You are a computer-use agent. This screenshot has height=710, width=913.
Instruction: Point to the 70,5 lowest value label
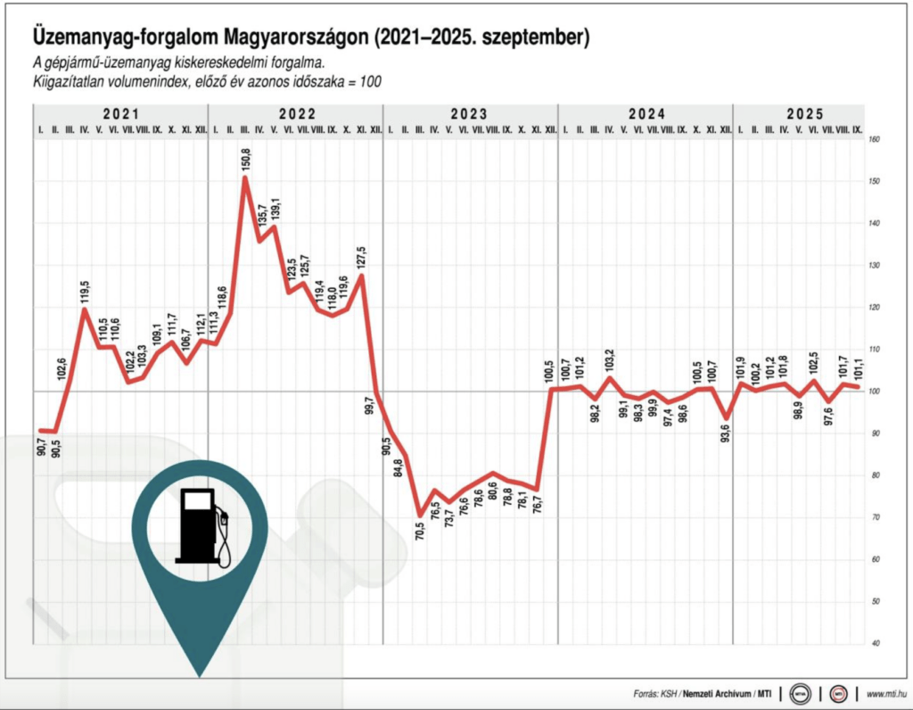[x=419, y=532]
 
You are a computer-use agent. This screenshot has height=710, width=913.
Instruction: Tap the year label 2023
[x=469, y=114]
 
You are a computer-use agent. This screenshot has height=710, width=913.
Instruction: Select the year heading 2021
[x=120, y=114]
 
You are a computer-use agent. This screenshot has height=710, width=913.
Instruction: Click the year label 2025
[x=805, y=114]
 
